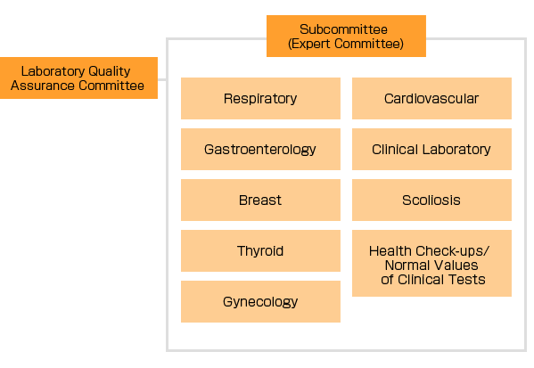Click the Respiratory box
click(260, 98)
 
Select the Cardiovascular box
click(431, 98)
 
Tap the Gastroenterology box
click(260, 149)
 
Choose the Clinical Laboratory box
click(431, 149)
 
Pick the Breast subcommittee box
click(260, 200)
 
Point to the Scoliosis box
click(431, 200)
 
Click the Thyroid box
click(260, 251)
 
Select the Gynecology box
click(260, 301)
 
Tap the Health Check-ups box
click(431, 263)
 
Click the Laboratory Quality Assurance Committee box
click(78, 78)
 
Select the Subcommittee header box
click(346, 36)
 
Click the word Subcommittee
click(343, 29)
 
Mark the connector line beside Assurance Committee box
click(162, 80)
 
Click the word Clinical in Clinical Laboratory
click(395, 150)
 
